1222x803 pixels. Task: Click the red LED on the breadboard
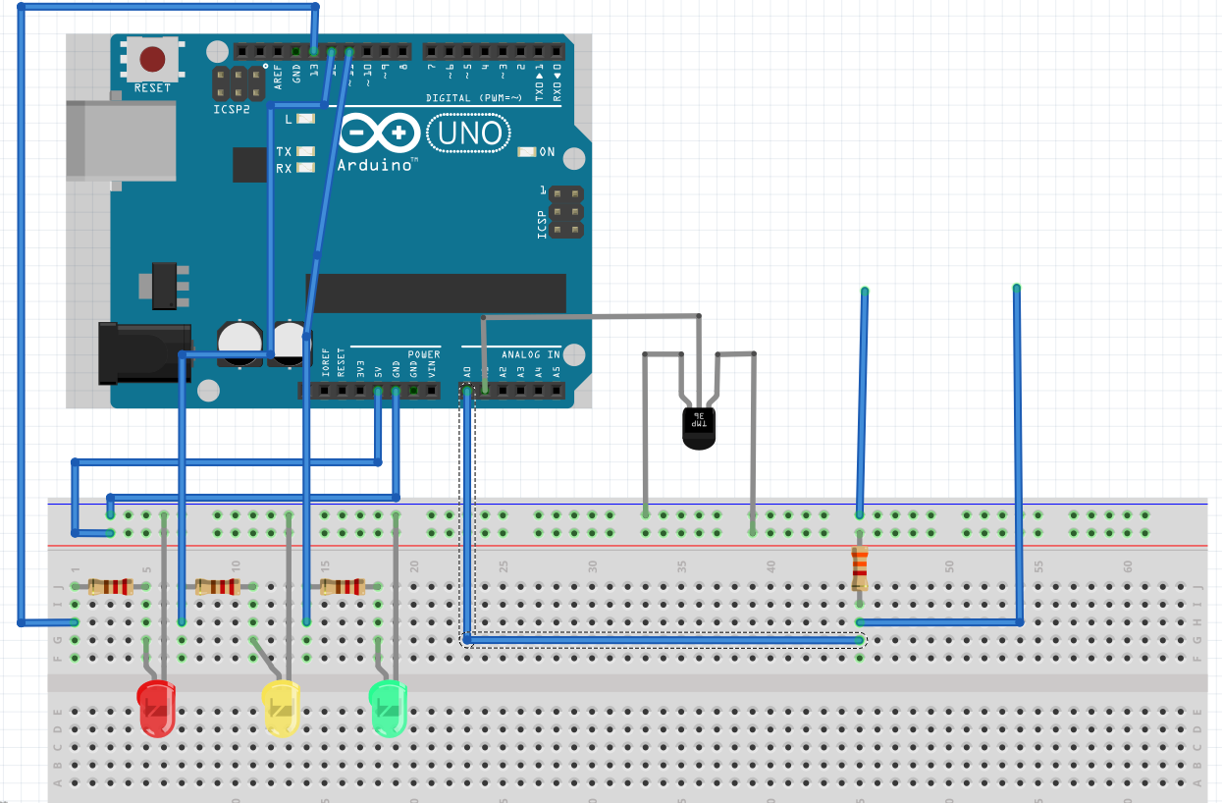point(155,708)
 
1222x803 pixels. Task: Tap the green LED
point(388,707)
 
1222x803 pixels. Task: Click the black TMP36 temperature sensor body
point(699,427)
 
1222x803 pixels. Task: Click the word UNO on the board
point(469,133)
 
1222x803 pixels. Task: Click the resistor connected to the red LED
point(110,587)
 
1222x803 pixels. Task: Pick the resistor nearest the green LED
point(342,587)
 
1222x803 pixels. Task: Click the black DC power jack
point(142,353)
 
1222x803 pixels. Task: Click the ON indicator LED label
point(547,152)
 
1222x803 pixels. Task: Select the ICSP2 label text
point(232,109)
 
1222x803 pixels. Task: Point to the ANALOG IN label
point(531,354)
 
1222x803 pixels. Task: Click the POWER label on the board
point(424,354)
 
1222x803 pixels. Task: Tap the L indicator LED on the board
point(304,119)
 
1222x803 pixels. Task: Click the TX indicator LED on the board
point(304,152)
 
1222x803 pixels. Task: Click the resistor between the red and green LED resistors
point(217,587)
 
